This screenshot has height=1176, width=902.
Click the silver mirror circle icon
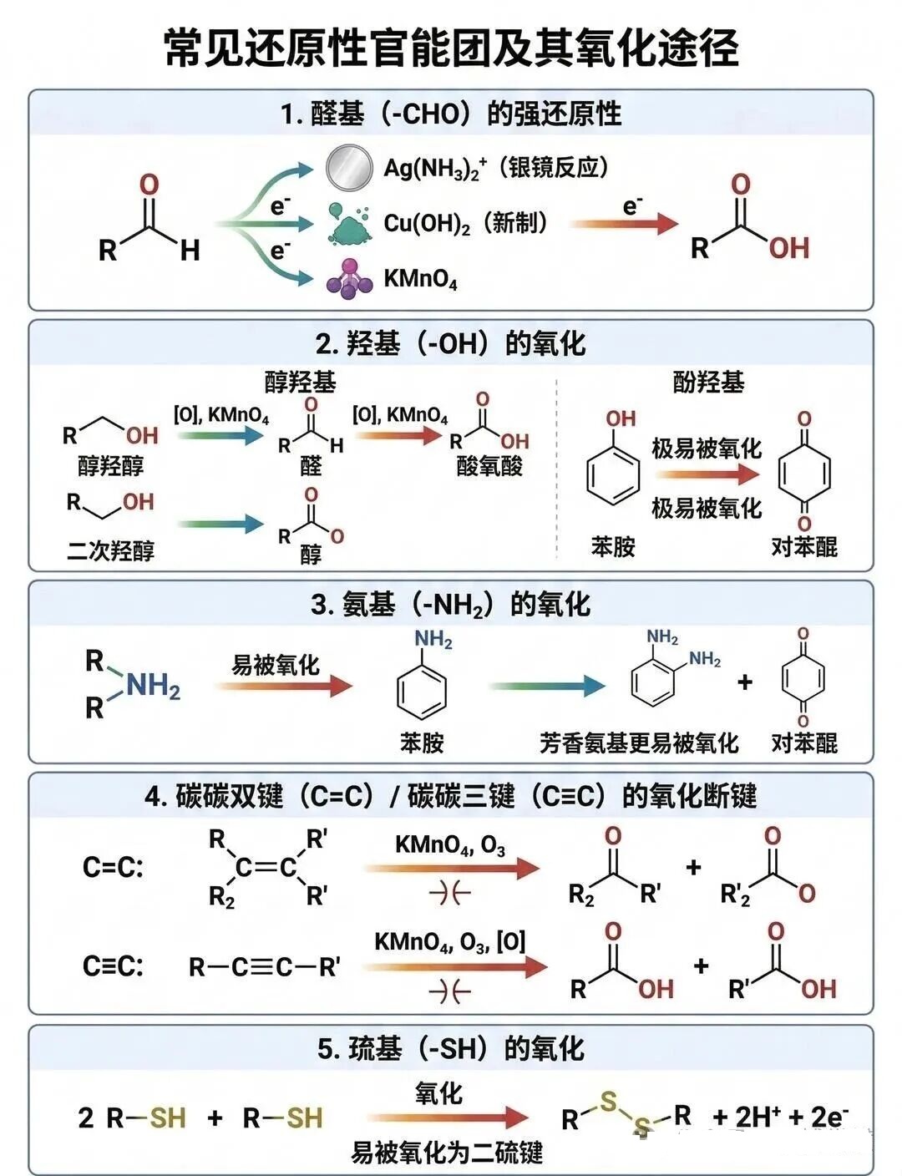pos(348,166)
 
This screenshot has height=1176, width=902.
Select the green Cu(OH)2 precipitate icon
pos(349,224)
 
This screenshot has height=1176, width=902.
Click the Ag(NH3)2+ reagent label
pos(435,168)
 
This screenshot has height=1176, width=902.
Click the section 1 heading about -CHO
pos(451,114)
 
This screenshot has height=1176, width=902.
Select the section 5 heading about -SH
pos(451,1048)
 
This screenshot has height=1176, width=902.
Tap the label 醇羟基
pos(300,383)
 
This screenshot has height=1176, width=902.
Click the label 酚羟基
pos(708,383)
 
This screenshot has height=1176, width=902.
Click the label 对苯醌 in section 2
pos(803,547)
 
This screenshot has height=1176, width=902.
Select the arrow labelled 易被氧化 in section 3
pos(283,686)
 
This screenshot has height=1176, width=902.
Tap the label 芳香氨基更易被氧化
pos(639,743)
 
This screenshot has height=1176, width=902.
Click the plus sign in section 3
pos(744,682)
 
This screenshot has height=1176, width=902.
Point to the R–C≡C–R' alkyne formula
pos(264,967)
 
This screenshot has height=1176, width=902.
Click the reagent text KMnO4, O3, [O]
pos(449,942)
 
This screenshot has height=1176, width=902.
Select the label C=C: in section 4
pos(113,868)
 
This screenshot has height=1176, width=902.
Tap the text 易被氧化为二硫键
pos(447,1153)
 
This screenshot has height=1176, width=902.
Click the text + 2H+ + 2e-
pos(780,1117)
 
